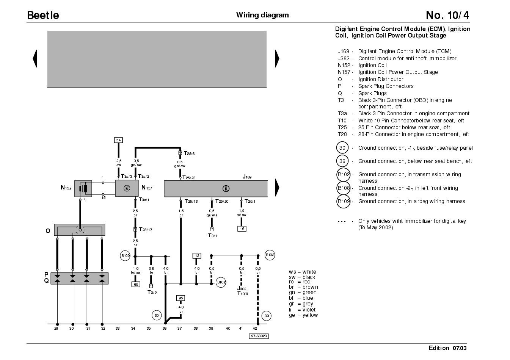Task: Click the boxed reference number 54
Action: pos(118,140)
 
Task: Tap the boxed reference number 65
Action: pos(136,284)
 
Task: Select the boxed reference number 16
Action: pos(242,229)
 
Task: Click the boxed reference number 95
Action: pos(181,298)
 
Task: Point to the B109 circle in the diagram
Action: pos(125,255)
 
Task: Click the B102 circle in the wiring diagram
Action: pos(221,282)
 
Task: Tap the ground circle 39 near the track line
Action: pos(267,316)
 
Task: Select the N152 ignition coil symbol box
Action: pos(83,188)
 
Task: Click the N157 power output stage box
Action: pos(127,188)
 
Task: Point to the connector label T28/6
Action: pos(189,153)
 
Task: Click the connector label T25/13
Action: pos(191,201)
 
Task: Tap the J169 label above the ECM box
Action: pos(247,177)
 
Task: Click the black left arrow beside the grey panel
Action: pos(35,58)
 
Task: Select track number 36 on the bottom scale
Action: pos(165,329)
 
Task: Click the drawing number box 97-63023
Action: pos(259,336)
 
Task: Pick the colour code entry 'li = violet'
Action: pos(302,310)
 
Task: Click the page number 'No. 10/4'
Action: pos(447,15)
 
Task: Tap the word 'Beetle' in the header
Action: pos(43,15)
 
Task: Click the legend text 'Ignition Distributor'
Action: pos(381,79)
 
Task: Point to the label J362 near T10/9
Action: pos(242,288)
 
